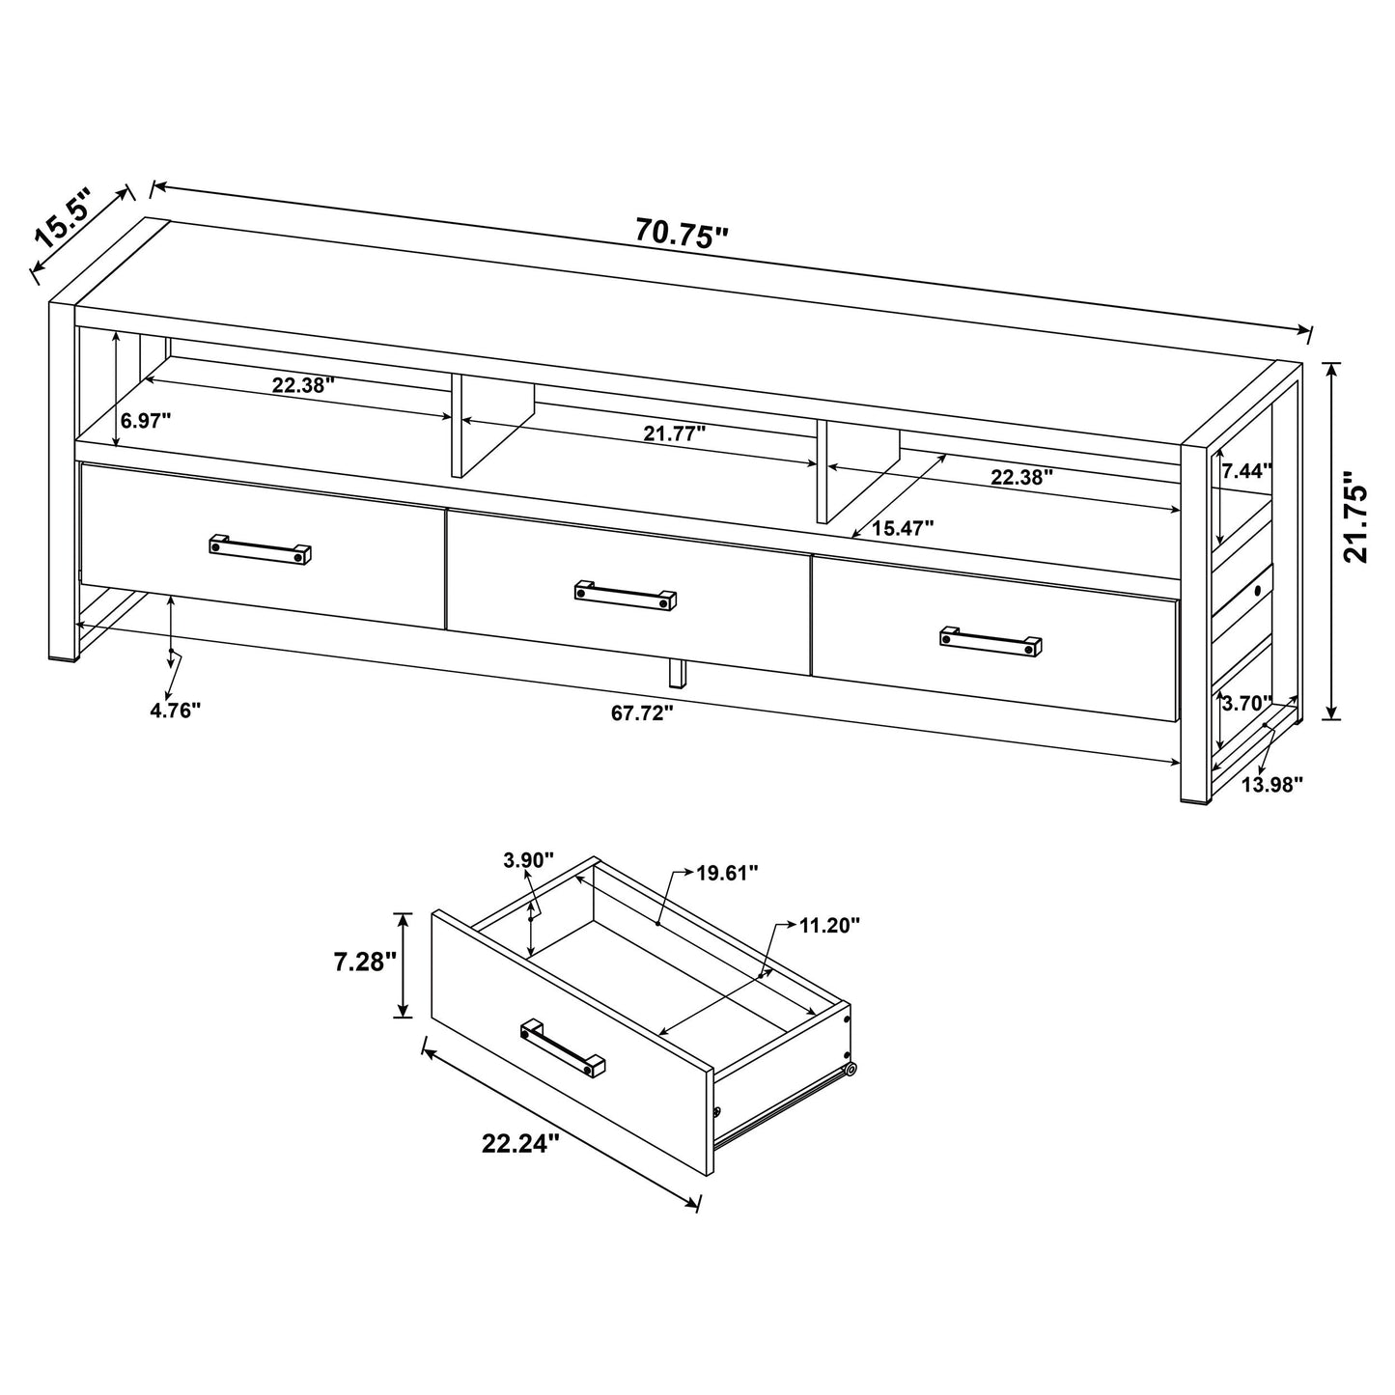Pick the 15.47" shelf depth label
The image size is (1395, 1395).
coord(903,528)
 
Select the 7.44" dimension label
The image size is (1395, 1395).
coord(1246,471)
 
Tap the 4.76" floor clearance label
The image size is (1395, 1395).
coord(175,710)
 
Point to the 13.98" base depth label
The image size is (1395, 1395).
coord(1271,784)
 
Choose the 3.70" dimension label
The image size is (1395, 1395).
coord(1246,704)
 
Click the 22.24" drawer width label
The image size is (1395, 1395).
coord(520,1144)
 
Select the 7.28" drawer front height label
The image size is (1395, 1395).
coord(365,963)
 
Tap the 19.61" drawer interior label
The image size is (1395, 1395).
coord(727,873)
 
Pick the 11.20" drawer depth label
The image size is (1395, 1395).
coord(829,925)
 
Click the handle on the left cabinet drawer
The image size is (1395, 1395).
coord(261,548)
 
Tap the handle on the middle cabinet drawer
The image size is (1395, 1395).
coord(626,595)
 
